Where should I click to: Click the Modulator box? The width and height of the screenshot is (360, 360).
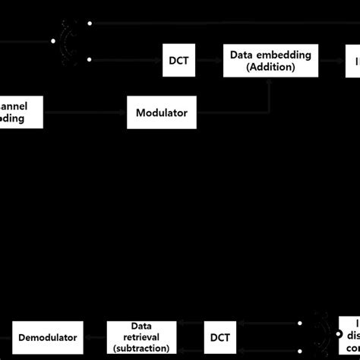coord(162,112)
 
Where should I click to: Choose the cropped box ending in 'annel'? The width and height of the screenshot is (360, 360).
coord(21,112)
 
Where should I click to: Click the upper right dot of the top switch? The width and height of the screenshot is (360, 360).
coord(90,24)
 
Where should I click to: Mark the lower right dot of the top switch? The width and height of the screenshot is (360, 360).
coord(90,58)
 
